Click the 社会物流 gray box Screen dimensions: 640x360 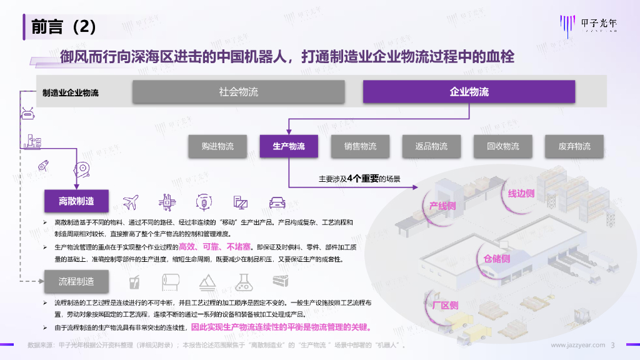pyautogui.click(x=238, y=92)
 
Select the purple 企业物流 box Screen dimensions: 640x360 pyautogui.click(x=469, y=92)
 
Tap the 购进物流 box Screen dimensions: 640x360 pyautogui.click(x=217, y=147)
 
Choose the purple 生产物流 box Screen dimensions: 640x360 pyautogui.click(x=289, y=147)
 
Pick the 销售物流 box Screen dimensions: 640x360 pyautogui.click(x=360, y=147)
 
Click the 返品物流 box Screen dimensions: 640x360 pyautogui.click(x=431, y=147)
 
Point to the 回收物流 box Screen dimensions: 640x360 pyautogui.click(x=503, y=147)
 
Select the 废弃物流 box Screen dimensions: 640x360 pyautogui.click(x=574, y=147)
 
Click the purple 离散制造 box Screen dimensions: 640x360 pyautogui.click(x=76, y=201)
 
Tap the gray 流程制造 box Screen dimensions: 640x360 pyautogui.click(x=76, y=282)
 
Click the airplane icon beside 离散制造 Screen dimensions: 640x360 pyautogui.click(x=131, y=202)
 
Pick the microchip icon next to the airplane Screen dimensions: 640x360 pyautogui.click(x=167, y=202)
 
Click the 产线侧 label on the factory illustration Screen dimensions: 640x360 pyautogui.click(x=442, y=206)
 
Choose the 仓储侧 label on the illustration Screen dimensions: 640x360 pyautogui.click(x=496, y=258)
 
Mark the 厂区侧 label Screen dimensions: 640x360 pyautogui.click(x=445, y=306)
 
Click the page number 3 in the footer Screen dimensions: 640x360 pyautogui.click(x=613, y=345)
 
